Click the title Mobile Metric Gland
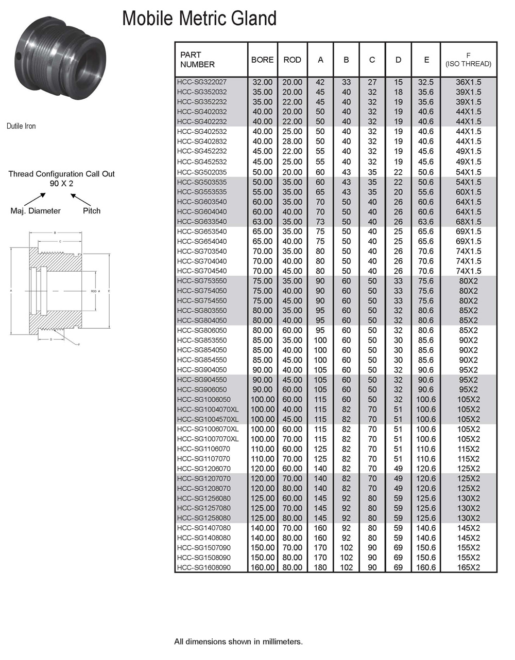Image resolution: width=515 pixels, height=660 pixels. [x=199, y=19]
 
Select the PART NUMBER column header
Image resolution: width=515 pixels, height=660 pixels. [x=197, y=60]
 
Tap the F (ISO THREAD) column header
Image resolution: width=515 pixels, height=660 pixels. [x=468, y=60]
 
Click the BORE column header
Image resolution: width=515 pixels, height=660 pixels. [x=262, y=60]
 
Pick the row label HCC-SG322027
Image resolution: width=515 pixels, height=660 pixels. [x=202, y=82]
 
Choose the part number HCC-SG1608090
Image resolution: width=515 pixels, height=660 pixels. [x=204, y=567]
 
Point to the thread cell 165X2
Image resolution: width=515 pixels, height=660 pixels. [x=468, y=567]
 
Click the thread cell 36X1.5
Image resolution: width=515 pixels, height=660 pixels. [x=468, y=82]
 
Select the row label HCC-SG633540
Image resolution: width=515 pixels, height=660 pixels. [x=202, y=222]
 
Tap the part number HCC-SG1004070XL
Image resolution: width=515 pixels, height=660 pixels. [x=208, y=409]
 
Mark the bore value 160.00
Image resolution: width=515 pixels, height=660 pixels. [x=262, y=567]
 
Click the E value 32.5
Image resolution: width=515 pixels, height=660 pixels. [x=426, y=82]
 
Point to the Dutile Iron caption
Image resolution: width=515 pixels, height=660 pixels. [x=21, y=126]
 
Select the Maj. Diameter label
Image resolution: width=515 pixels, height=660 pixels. [x=36, y=211]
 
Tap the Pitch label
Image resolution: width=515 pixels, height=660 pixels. [x=92, y=211]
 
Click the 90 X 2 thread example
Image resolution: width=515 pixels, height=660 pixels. [x=61, y=184]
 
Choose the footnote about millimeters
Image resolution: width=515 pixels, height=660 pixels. [x=238, y=641]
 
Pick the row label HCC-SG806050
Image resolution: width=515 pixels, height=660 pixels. [x=202, y=330]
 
